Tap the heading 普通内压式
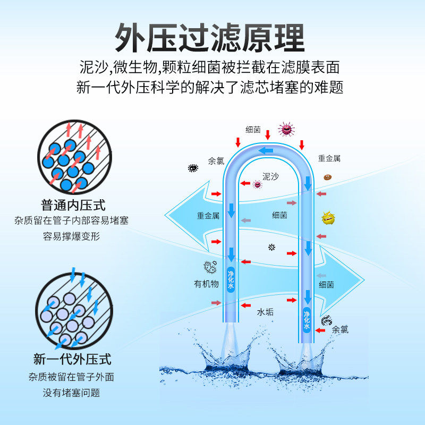pos(73,205)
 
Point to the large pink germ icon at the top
pos(286,129)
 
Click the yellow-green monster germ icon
pos(328,218)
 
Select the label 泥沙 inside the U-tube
pos(270,176)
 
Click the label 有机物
pos(206,284)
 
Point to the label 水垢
pos(265,312)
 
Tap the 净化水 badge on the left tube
pos(231,278)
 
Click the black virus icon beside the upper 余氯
pos(192,168)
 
